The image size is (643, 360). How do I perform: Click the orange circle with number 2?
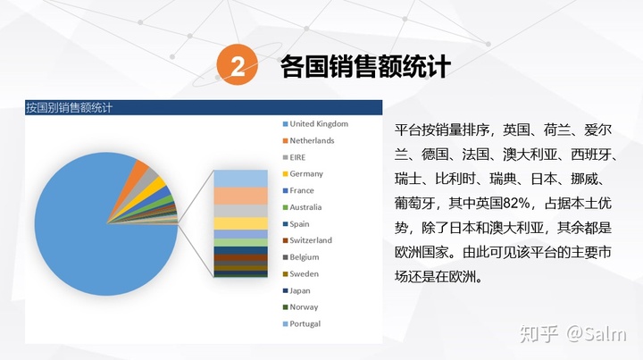[x=238, y=65]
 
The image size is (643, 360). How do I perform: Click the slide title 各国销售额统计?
[x=365, y=65]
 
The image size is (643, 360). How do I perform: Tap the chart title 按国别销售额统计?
[x=69, y=108]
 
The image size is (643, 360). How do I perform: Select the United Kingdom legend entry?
[x=315, y=124]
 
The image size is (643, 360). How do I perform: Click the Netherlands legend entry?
[x=308, y=140]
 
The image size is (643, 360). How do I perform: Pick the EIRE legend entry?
[x=294, y=157]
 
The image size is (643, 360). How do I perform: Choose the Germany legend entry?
[x=303, y=174]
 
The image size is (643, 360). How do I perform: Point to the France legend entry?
[x=298, y=190]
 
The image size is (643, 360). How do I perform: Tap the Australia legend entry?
[x=302, y=207]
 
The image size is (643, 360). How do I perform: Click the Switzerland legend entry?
[x=307, y=240]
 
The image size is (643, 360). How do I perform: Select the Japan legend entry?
[x=296, y=290]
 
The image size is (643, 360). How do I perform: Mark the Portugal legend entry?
[x=302, y=324]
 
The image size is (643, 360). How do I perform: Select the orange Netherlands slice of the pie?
[x=141, y=169]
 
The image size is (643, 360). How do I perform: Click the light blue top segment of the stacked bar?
[x=241, y=179]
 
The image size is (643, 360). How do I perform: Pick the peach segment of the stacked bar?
[x=241, y=196]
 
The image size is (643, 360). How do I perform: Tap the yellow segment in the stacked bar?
[x=241, y=223]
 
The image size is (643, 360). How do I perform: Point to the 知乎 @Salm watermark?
[x=572, y=334]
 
